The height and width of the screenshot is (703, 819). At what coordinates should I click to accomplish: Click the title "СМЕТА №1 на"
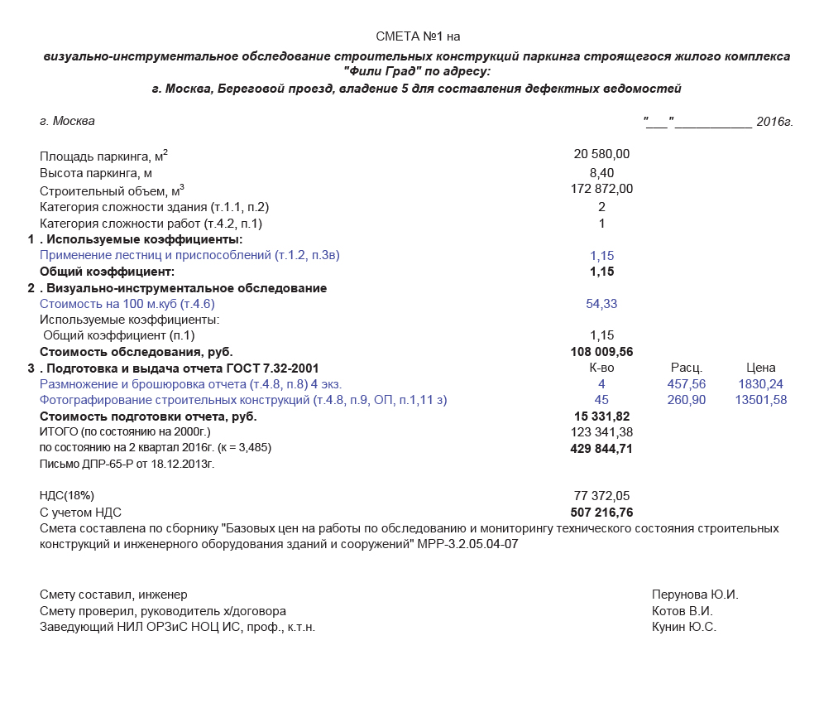418,36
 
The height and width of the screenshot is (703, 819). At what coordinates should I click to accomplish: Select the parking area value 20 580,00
601,154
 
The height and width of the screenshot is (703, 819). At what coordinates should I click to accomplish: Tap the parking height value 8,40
601,172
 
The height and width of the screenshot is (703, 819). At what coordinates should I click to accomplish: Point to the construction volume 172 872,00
601,189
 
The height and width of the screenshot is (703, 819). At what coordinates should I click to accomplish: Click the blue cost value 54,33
601,304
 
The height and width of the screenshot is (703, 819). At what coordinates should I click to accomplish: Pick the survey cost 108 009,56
601,351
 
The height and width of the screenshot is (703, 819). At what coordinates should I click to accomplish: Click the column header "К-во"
601,368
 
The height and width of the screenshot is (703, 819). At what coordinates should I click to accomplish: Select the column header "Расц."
687,368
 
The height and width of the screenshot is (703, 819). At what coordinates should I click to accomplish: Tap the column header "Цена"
760,368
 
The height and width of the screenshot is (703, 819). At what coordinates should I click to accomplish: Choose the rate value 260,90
687,401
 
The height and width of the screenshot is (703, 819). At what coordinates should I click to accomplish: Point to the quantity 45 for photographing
601,401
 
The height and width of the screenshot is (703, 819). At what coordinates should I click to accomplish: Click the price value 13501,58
760,401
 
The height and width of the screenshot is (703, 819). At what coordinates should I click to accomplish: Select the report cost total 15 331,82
601,416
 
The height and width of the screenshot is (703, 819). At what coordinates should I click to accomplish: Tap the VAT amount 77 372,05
601,495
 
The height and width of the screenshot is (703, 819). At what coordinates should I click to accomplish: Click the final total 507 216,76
601,513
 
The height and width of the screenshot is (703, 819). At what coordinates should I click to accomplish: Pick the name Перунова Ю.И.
694,595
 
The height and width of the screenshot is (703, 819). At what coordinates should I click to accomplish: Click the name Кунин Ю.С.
683,627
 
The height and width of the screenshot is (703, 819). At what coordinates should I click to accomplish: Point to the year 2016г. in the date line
774,122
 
